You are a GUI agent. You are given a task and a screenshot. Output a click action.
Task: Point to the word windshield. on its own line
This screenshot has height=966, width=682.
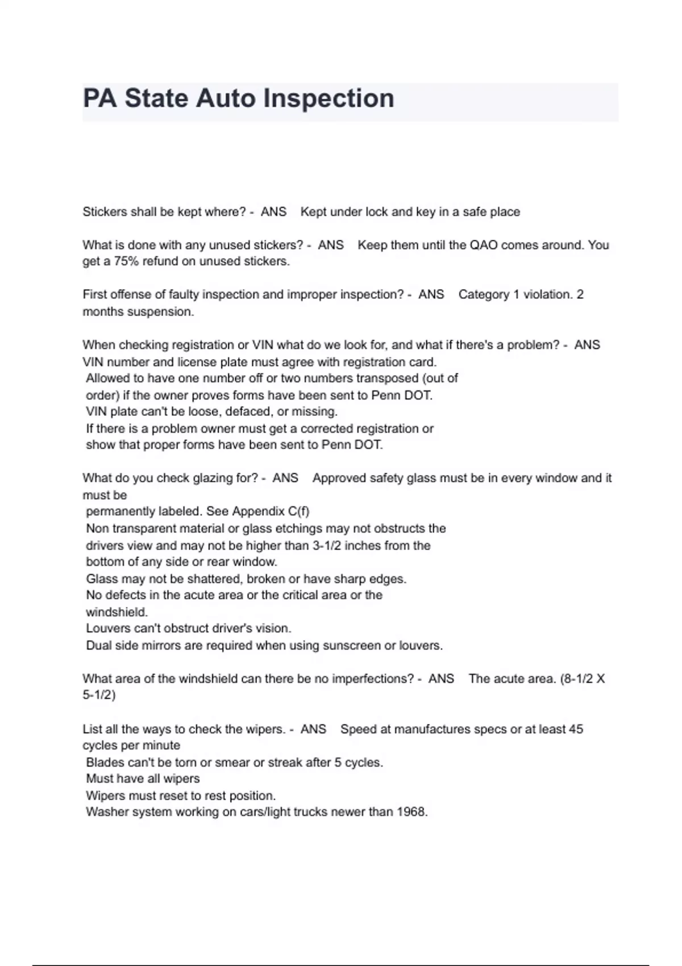coord(117,612)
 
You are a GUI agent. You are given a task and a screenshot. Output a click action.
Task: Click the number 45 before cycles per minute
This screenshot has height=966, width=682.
coord(576,729)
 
